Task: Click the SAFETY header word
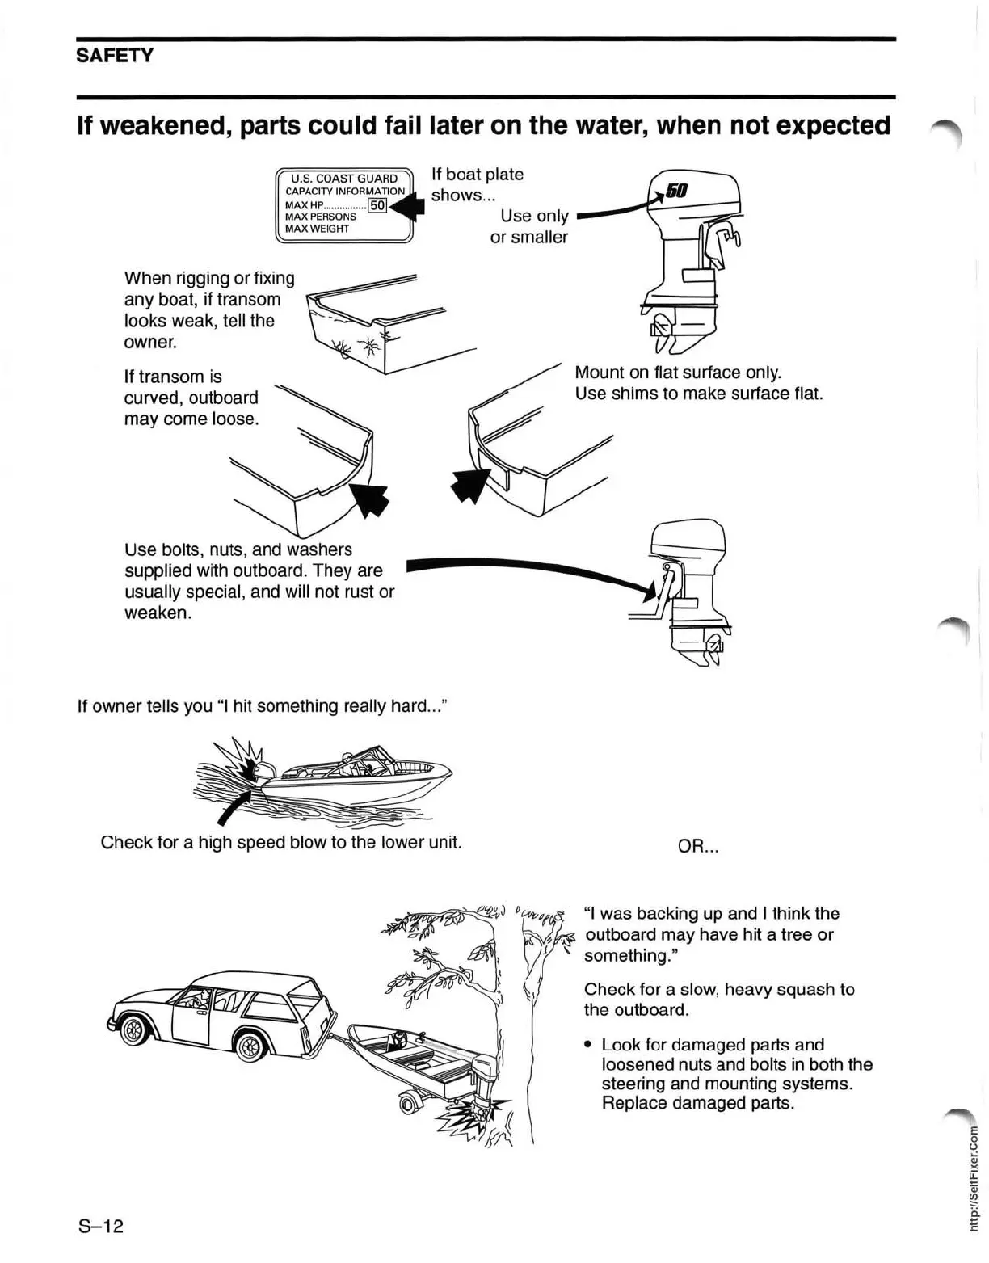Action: pyautogui.click(x=114, y=56)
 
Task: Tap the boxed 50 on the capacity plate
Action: pyautogui.click(x=377, y=205)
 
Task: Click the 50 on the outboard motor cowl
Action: pyautogui.click(x=677, y=191)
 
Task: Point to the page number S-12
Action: pyautogui.click(x=100, y=1226)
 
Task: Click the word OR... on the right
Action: pyautogui.click(x=698, y=847)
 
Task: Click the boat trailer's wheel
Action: pyautogui.click(x=410, y=1104)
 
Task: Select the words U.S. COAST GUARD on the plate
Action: pyautogui.click(x=344, y=179)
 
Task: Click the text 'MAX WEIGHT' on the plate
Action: pyautogui.click(x=317, y=229)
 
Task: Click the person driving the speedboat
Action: pyautogui.click(x=347, y=761)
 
